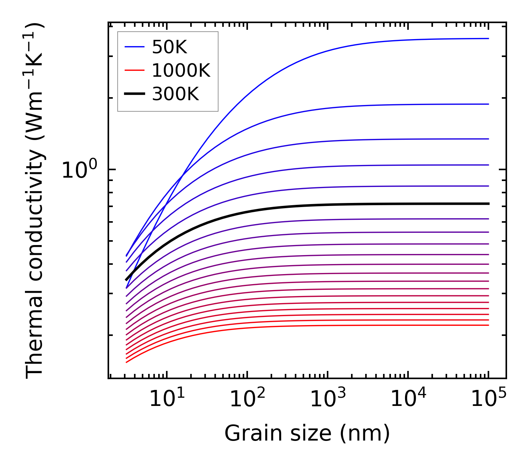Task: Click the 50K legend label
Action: [x=169, y=47]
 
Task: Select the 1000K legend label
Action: [x=181, y=70]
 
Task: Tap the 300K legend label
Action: [x=175, y=94]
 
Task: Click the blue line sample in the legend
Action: [x=134, y=47]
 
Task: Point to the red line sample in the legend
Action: [x=134, y=70]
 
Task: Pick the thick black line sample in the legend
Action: [x=134, y=94]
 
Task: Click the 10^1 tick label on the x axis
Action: [x=166, y=398]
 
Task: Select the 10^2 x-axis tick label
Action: [x=247, y=398]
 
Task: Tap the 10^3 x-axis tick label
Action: [x=328, y=398]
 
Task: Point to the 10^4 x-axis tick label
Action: [x=408, y=398]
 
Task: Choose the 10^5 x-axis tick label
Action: [x=488, y=398]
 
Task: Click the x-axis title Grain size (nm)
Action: [x=307, y=433]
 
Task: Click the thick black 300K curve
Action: [x=298, y=205]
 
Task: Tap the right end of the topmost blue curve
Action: [x=488, y=38]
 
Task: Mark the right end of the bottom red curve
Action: [x=488, y=325]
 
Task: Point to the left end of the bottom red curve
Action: [x=127, y=362]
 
